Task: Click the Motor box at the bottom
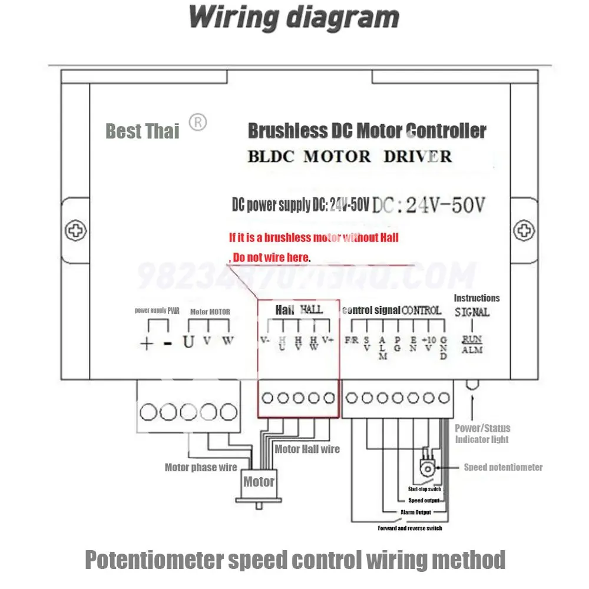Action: pos(259,482)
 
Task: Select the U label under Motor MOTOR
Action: pos(188,341)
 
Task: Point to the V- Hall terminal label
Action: pos(264,340)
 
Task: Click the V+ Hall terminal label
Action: pos(328,340)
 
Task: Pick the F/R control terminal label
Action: pos(352,340)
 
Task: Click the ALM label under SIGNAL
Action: pos(472,350)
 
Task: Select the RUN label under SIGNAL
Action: pos(472,339)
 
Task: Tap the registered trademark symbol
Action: pos(197,123)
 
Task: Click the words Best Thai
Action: pos(142,131)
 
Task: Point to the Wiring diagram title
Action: pos(294,18)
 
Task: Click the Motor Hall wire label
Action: pos(307,449)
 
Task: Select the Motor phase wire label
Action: pos(201,468)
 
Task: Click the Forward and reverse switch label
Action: pos(410,528)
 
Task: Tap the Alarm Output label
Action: pos(416,512)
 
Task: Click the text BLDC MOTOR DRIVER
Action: pos(350,157)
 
